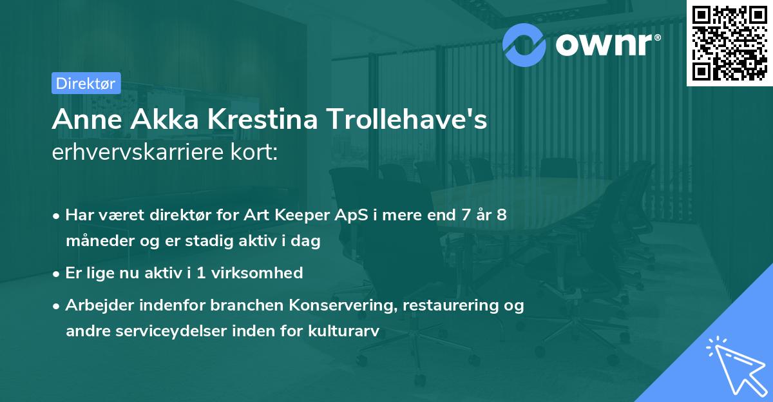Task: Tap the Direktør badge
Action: (x=85, y=83)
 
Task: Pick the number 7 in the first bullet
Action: (x=466, y=215)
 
